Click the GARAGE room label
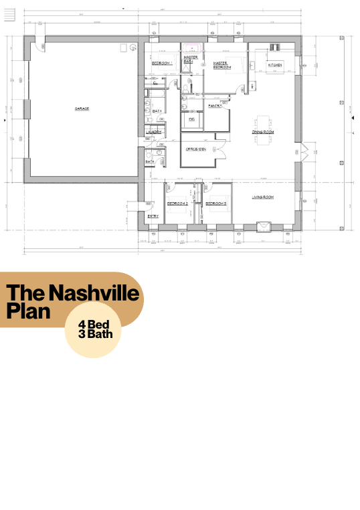click(x=82, y=108)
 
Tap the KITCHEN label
click(x=275, y=65)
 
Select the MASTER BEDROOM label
click(x=222, y=66)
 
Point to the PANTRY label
click(x=215, y=106)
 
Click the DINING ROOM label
click(x=263, y=132)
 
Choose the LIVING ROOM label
click(x=263, y=197)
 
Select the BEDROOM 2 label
click(x=177, y=202)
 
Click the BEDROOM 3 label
click(x=215, y=202)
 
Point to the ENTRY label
click(x=153, y=216)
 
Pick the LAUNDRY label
click(x=153, y=132)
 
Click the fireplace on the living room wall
click(x=264, y=226)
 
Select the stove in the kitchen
click(x=274, y=46)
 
